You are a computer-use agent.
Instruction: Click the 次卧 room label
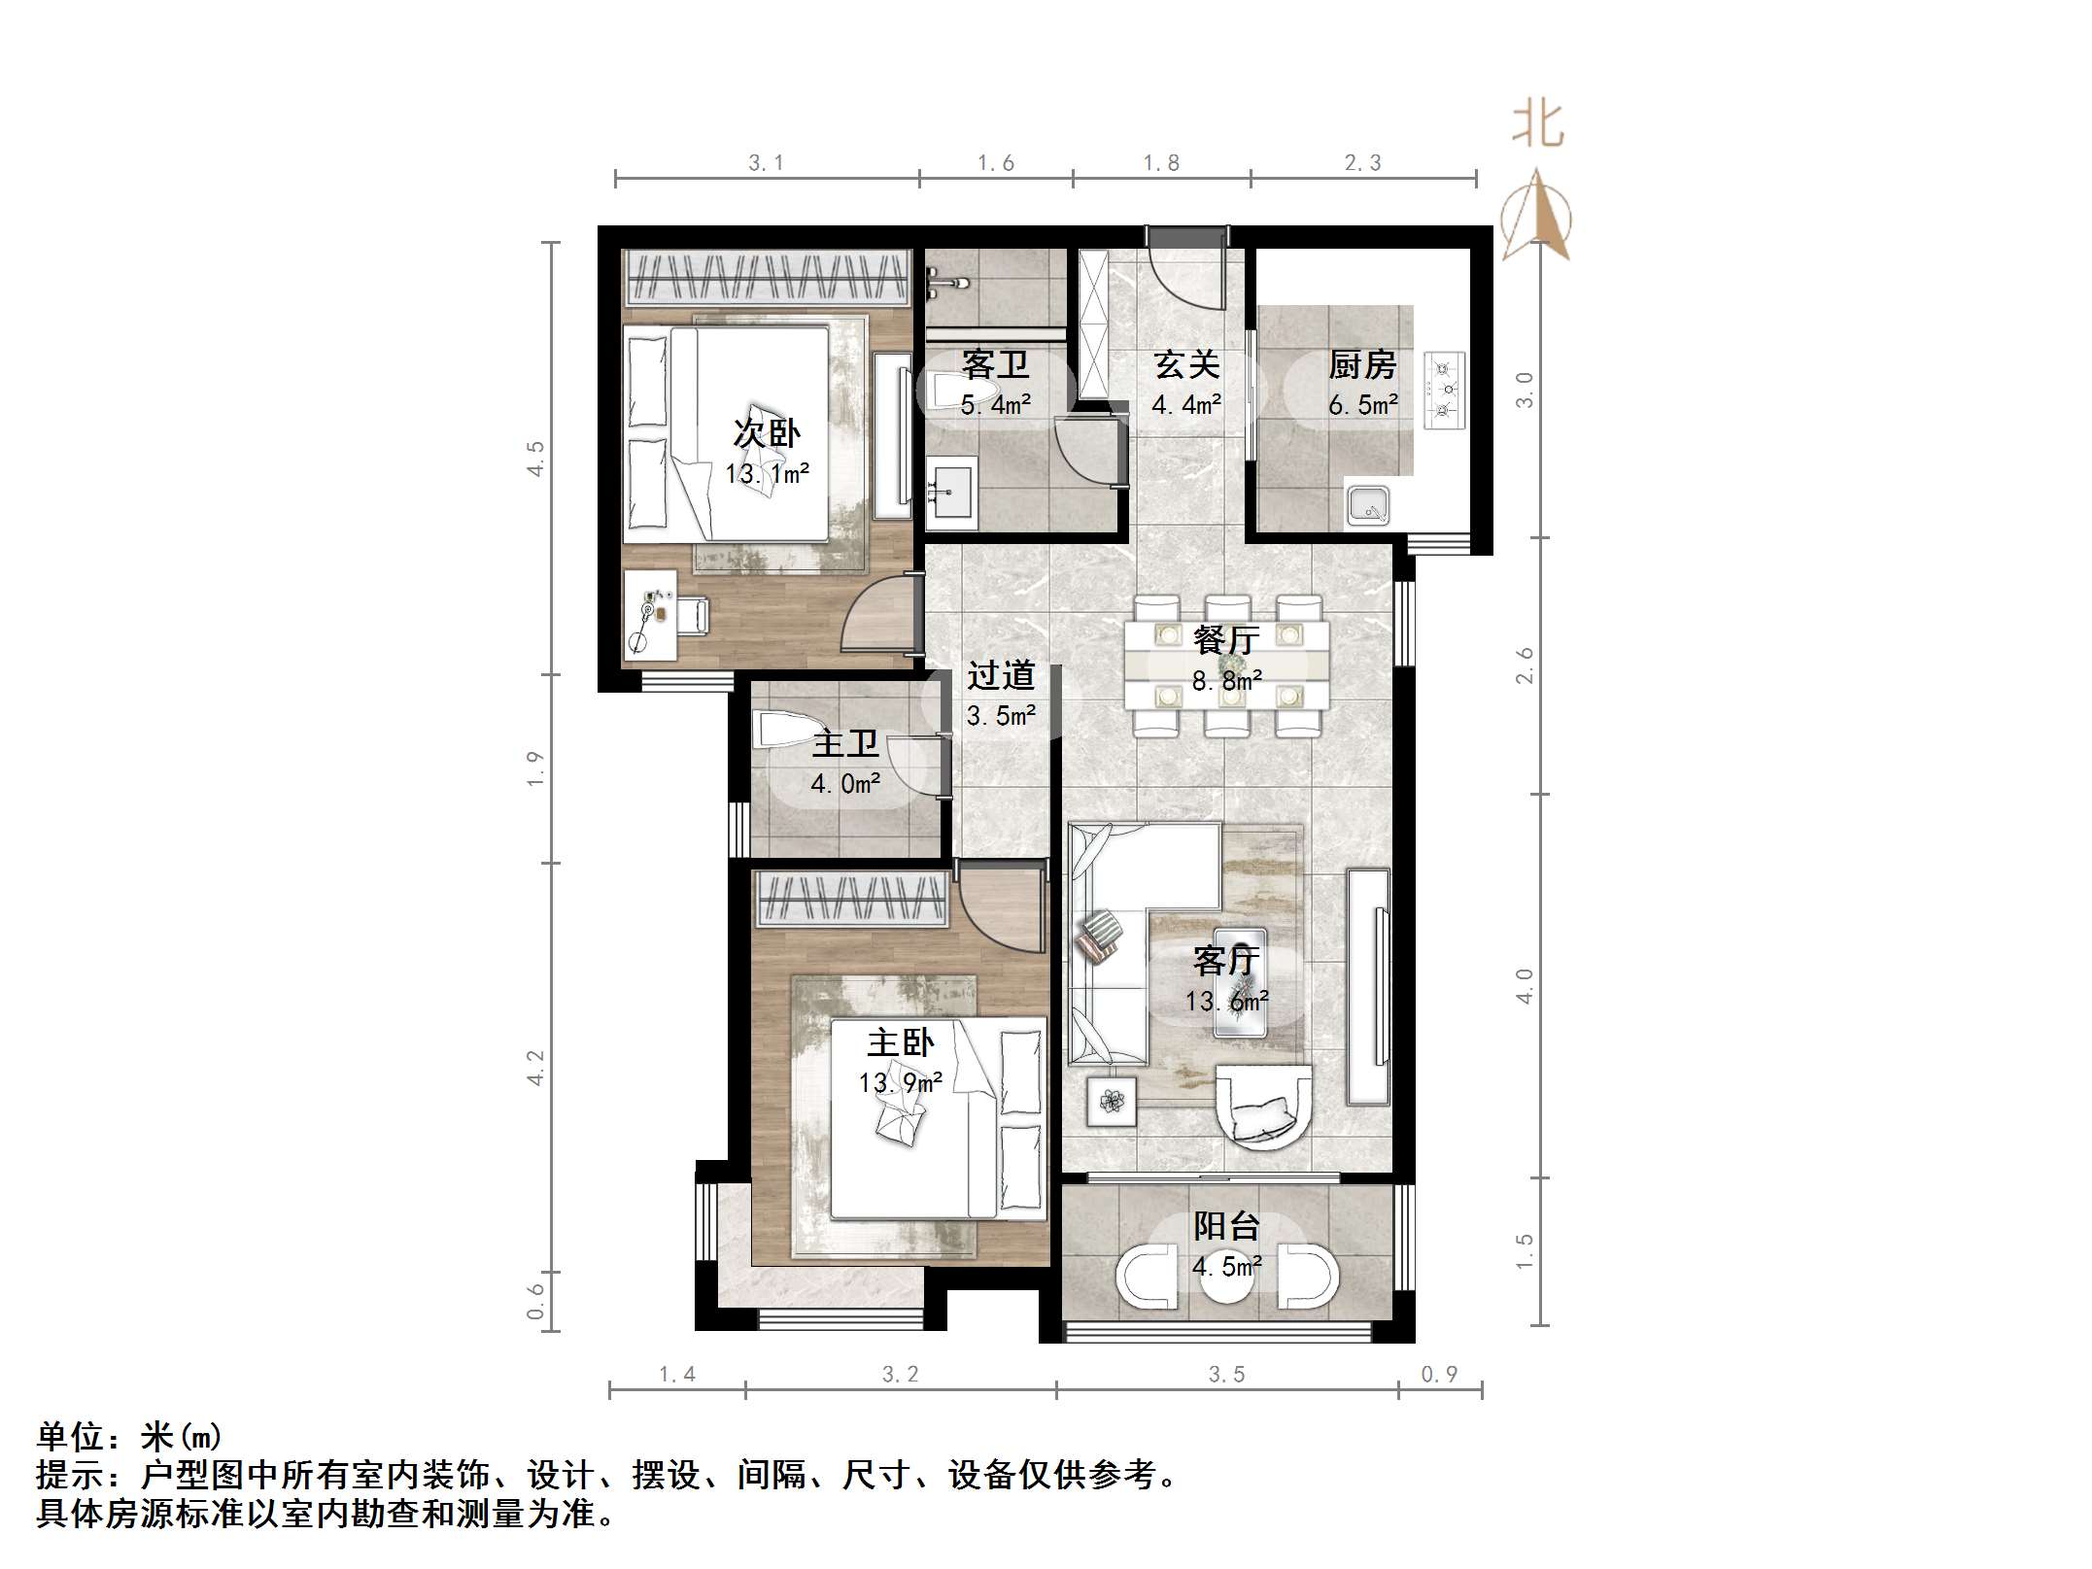(x=767, y=433)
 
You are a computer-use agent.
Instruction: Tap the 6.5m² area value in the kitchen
(x=1363, y=404)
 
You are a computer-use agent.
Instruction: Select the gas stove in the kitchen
(x=1445, y=390)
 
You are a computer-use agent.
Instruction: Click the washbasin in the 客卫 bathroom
(x=951, y=494)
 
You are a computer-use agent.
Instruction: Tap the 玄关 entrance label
(x=1186, y=365)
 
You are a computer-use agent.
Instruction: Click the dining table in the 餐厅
(x=1226, y=665)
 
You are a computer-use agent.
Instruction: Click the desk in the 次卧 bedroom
(x=649, y=615)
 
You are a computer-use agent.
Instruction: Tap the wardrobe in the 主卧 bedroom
(x=852, y=898)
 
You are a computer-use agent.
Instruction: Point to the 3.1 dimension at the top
(x=766, y=163)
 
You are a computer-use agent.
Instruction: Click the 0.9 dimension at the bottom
(x=1439, y=1374)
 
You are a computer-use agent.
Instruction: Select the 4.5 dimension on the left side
(x=534, y=458)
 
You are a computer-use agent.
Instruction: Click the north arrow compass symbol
(x=1536, y=216)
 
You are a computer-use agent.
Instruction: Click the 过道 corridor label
(x=1001, y=675)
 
